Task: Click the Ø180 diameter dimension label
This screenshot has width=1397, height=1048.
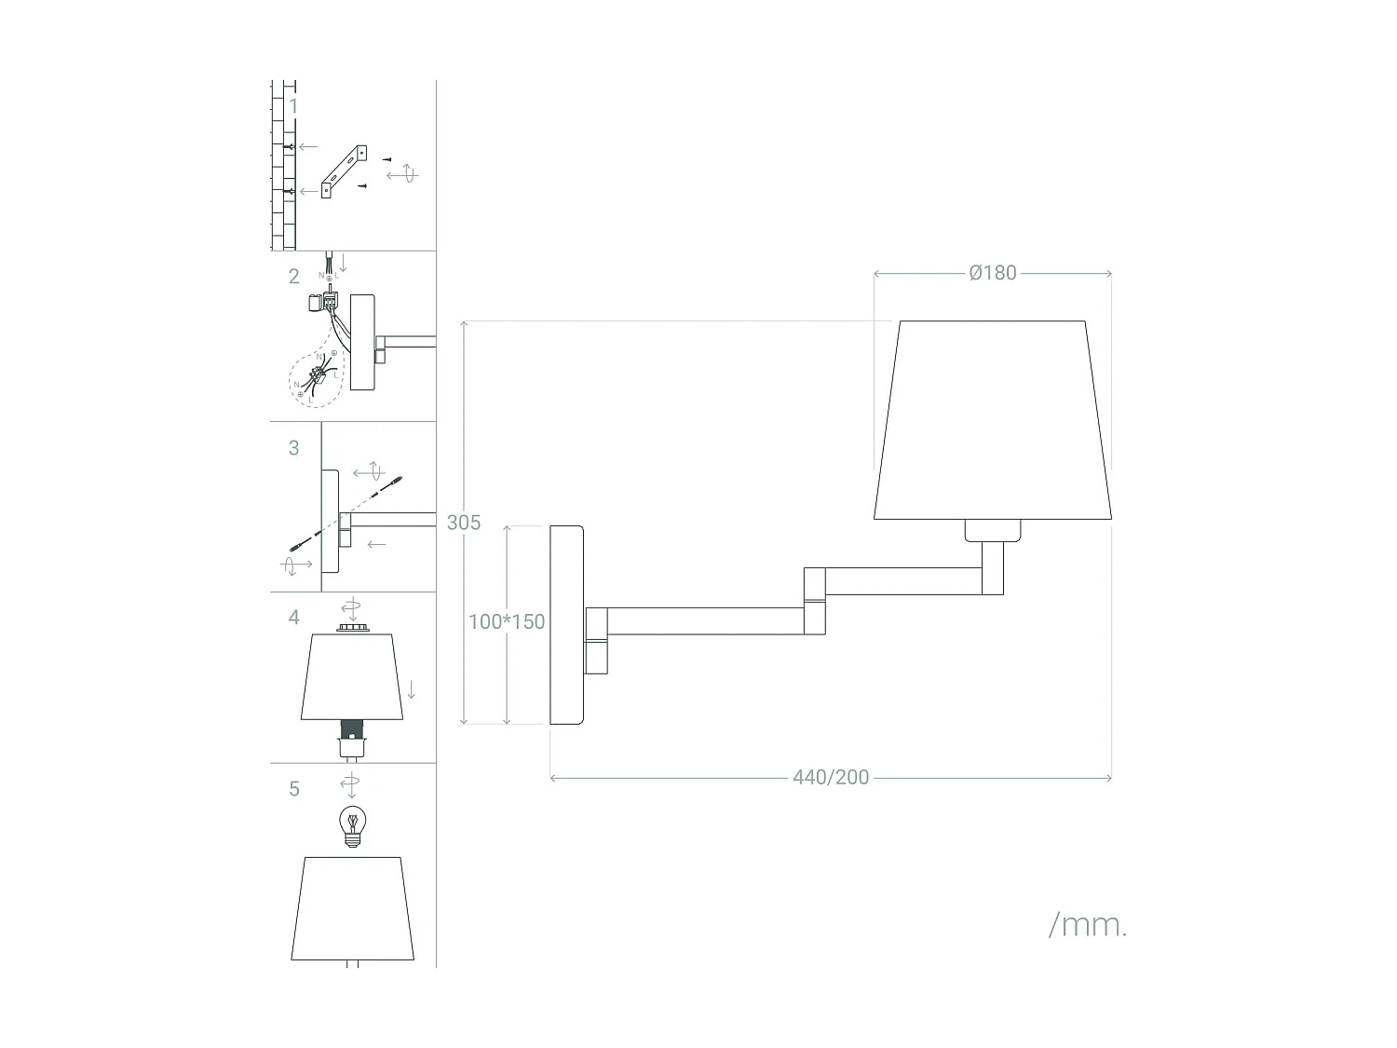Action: click(x=992, y=273)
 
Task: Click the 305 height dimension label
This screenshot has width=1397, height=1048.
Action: click(x=464, y=523)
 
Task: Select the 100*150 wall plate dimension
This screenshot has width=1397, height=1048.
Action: click(x=506, y=622)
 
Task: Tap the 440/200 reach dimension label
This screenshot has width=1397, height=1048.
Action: click(x=831, y=778)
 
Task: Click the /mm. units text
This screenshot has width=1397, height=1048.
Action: click(x=1088, y=925)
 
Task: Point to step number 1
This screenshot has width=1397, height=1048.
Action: click(x=293, y=106)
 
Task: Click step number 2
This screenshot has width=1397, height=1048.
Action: click(x=293, y=277)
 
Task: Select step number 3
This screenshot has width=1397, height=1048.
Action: click(x=293, y=448)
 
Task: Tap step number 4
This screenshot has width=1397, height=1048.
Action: click(x=293, y=618)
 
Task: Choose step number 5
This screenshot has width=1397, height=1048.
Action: click(x=293, y=789)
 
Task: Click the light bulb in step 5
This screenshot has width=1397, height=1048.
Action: click(x=351, y=824)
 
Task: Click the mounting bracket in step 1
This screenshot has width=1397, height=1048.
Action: click(x=344, y=171)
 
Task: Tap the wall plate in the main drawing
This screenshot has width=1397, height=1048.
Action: click(x=566, y=624)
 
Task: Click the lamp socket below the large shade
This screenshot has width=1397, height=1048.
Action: click(x=992, y=530)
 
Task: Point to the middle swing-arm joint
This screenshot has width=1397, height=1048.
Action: click(x=815, y=601)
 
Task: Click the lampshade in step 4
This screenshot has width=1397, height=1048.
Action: click(x=351, y=677)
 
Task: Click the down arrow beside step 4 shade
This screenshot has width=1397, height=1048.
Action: click(x=412, y=689)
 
